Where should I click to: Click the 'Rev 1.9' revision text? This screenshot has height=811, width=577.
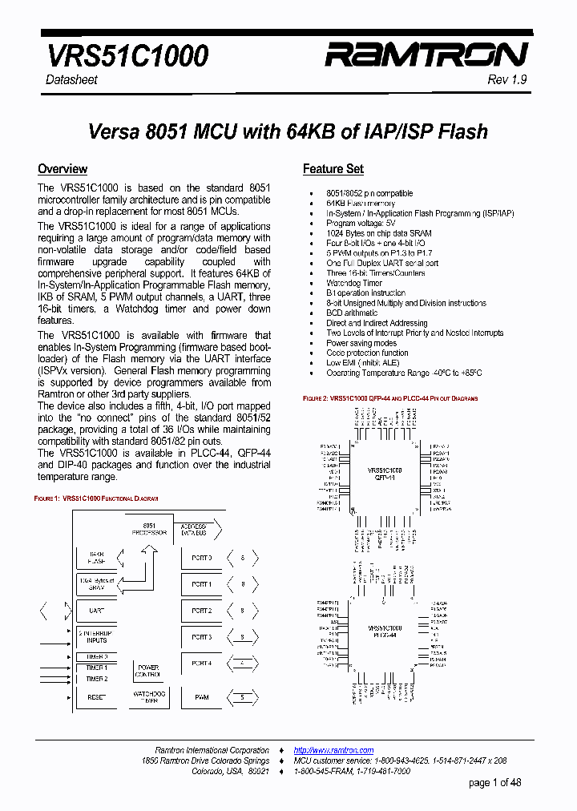[506, 80]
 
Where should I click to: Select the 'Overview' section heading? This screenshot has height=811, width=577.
[63, 169]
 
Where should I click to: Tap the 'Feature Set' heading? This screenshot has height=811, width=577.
[333, 169]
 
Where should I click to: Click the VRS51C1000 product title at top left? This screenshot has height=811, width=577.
[127, 55]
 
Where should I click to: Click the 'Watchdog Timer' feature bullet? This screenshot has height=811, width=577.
[353, 283]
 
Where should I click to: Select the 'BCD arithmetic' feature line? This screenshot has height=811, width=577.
[351, 313]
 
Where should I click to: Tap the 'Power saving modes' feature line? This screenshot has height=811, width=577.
[361, 343]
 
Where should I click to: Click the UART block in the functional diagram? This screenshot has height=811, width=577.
[96, 611]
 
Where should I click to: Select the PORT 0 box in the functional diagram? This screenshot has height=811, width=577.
[201, 558]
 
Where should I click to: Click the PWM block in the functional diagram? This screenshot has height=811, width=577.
[201, 697]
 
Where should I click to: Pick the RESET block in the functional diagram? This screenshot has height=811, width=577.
[96, 697]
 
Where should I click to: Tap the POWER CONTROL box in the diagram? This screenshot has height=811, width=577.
[148, 671]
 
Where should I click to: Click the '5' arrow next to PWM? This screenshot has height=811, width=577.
[242, 697]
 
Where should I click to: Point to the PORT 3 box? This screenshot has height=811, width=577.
[201, 637]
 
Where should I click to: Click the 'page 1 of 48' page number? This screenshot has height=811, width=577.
[494, 783]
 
